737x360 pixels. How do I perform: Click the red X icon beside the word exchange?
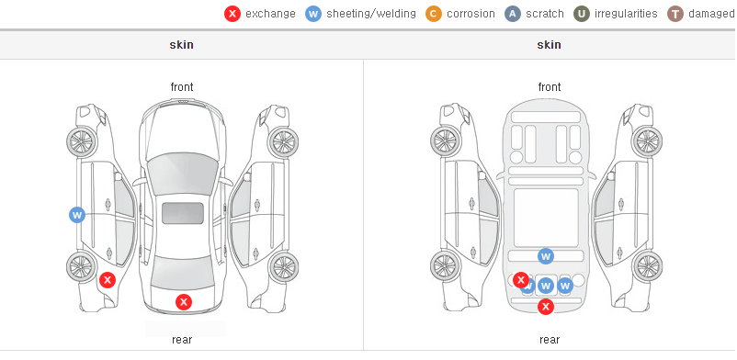click(232, 14)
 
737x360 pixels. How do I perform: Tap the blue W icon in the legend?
click(313, 14)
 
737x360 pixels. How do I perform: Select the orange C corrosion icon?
click(434, 14)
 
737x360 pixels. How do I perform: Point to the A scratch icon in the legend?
click(513, 14)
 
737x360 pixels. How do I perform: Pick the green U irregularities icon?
click(582, 14)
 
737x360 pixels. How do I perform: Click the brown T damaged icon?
click(675, 14)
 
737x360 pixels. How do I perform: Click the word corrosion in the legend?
click(471, 14)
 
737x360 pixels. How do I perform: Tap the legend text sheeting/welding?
click(371, 14)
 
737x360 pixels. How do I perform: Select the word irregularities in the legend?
click(626, 14)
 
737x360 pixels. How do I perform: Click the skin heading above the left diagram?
click(181, 45)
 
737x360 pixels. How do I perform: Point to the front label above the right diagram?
click(550, 87)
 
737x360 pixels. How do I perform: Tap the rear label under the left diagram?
click(182, 340)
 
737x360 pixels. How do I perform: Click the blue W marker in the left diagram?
click(77, 216)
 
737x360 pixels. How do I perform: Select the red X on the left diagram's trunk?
click(184, 302)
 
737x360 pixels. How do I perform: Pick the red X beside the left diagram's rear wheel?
click(108, 281)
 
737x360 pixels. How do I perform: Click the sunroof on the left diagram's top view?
click(183, 213)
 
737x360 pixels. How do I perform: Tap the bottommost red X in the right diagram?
click(546, 307)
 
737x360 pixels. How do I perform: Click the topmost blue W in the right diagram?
click(546, 256)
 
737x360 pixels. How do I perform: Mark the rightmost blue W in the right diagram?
click(565, 286)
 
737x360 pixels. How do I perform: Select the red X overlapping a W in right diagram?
click(521, 280)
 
